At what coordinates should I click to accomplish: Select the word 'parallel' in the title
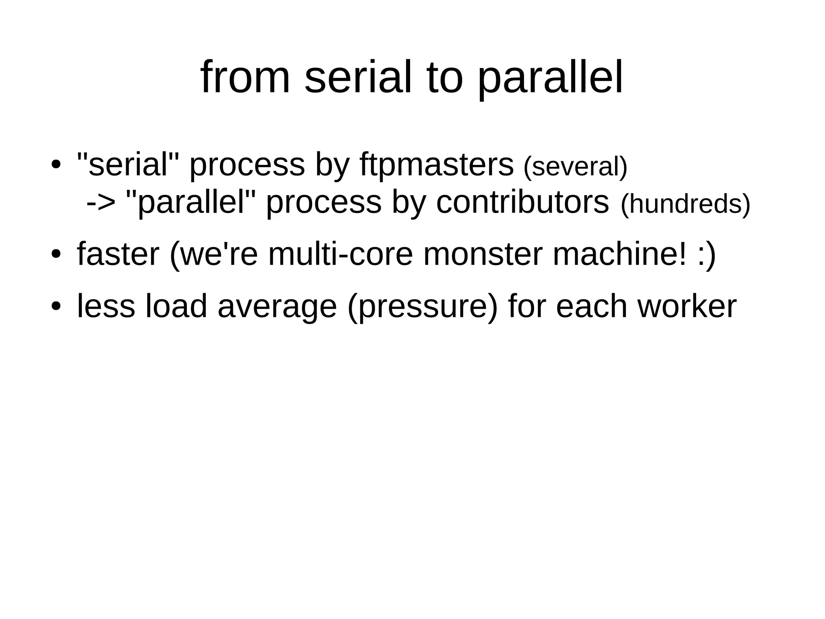point(550,79)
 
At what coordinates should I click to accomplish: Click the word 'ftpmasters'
point(437,165)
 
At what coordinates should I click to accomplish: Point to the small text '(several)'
point(575,167)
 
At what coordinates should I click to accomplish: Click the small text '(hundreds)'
point(685,204)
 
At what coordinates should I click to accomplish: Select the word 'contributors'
point(522,202)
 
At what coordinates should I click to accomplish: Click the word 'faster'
point(118,254)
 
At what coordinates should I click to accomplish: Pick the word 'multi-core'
point(340,254)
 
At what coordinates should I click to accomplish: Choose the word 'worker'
point(687,306)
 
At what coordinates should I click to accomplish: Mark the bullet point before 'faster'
point(56,255)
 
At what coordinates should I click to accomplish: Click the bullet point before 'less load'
point(56,306)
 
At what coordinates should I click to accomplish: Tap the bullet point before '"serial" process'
point(56,165)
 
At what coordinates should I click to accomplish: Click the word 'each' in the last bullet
point(592,306)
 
